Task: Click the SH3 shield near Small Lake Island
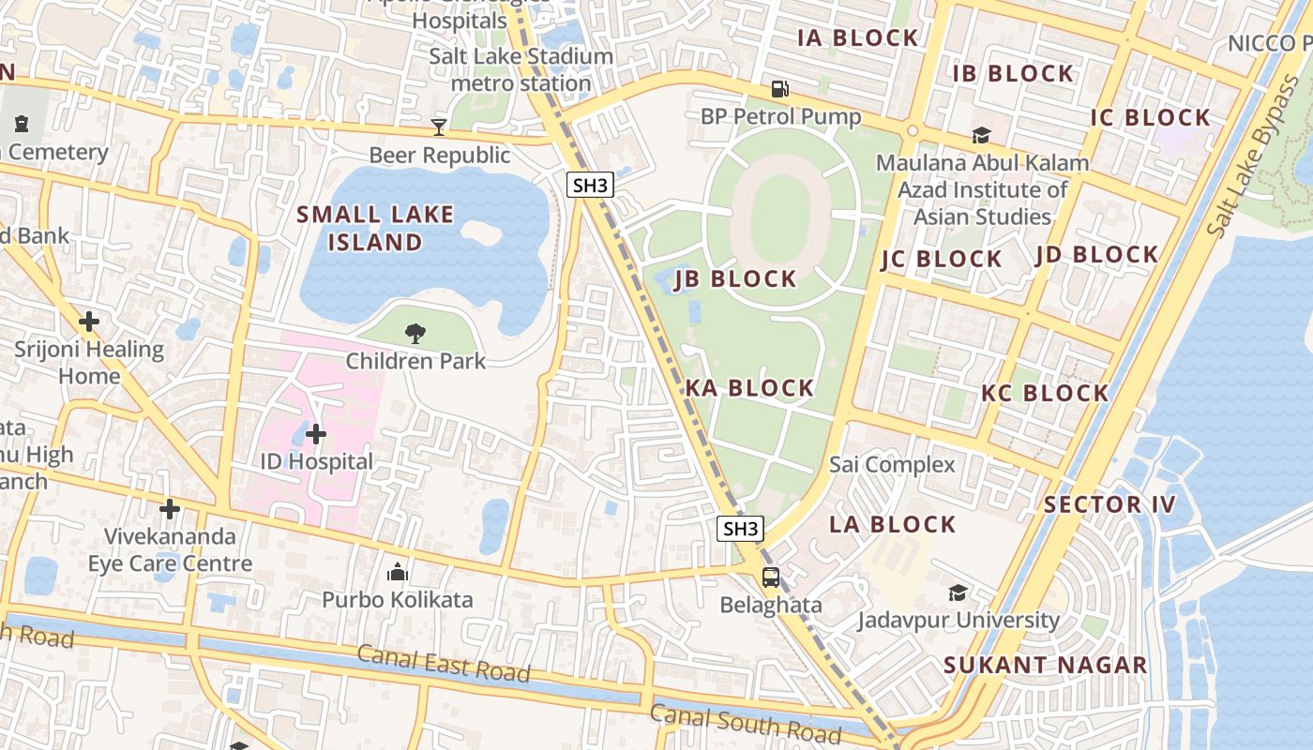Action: [590, 185]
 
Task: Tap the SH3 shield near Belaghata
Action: [740, 529]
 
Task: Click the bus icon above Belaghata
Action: [770, 577]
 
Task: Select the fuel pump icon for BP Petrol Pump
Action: [779, 89]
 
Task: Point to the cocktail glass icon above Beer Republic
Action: [438, 127]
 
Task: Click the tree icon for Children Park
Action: [415, 334]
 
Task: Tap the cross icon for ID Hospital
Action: [316, 434]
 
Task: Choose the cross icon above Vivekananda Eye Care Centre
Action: [170, 509]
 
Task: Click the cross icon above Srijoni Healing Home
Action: [89, 322]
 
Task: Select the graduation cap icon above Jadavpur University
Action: [958, 592]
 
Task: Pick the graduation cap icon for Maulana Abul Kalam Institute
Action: [981, 136]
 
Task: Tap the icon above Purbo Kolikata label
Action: [397, 572]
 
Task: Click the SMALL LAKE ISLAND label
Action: [375, 228]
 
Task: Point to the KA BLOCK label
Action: [749, 388]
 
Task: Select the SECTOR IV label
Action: [1109, 504]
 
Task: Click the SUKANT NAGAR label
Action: [1045, 666]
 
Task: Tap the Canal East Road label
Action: [444, 664]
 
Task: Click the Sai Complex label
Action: [892, 464]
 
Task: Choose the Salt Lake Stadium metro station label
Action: [521, 69]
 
